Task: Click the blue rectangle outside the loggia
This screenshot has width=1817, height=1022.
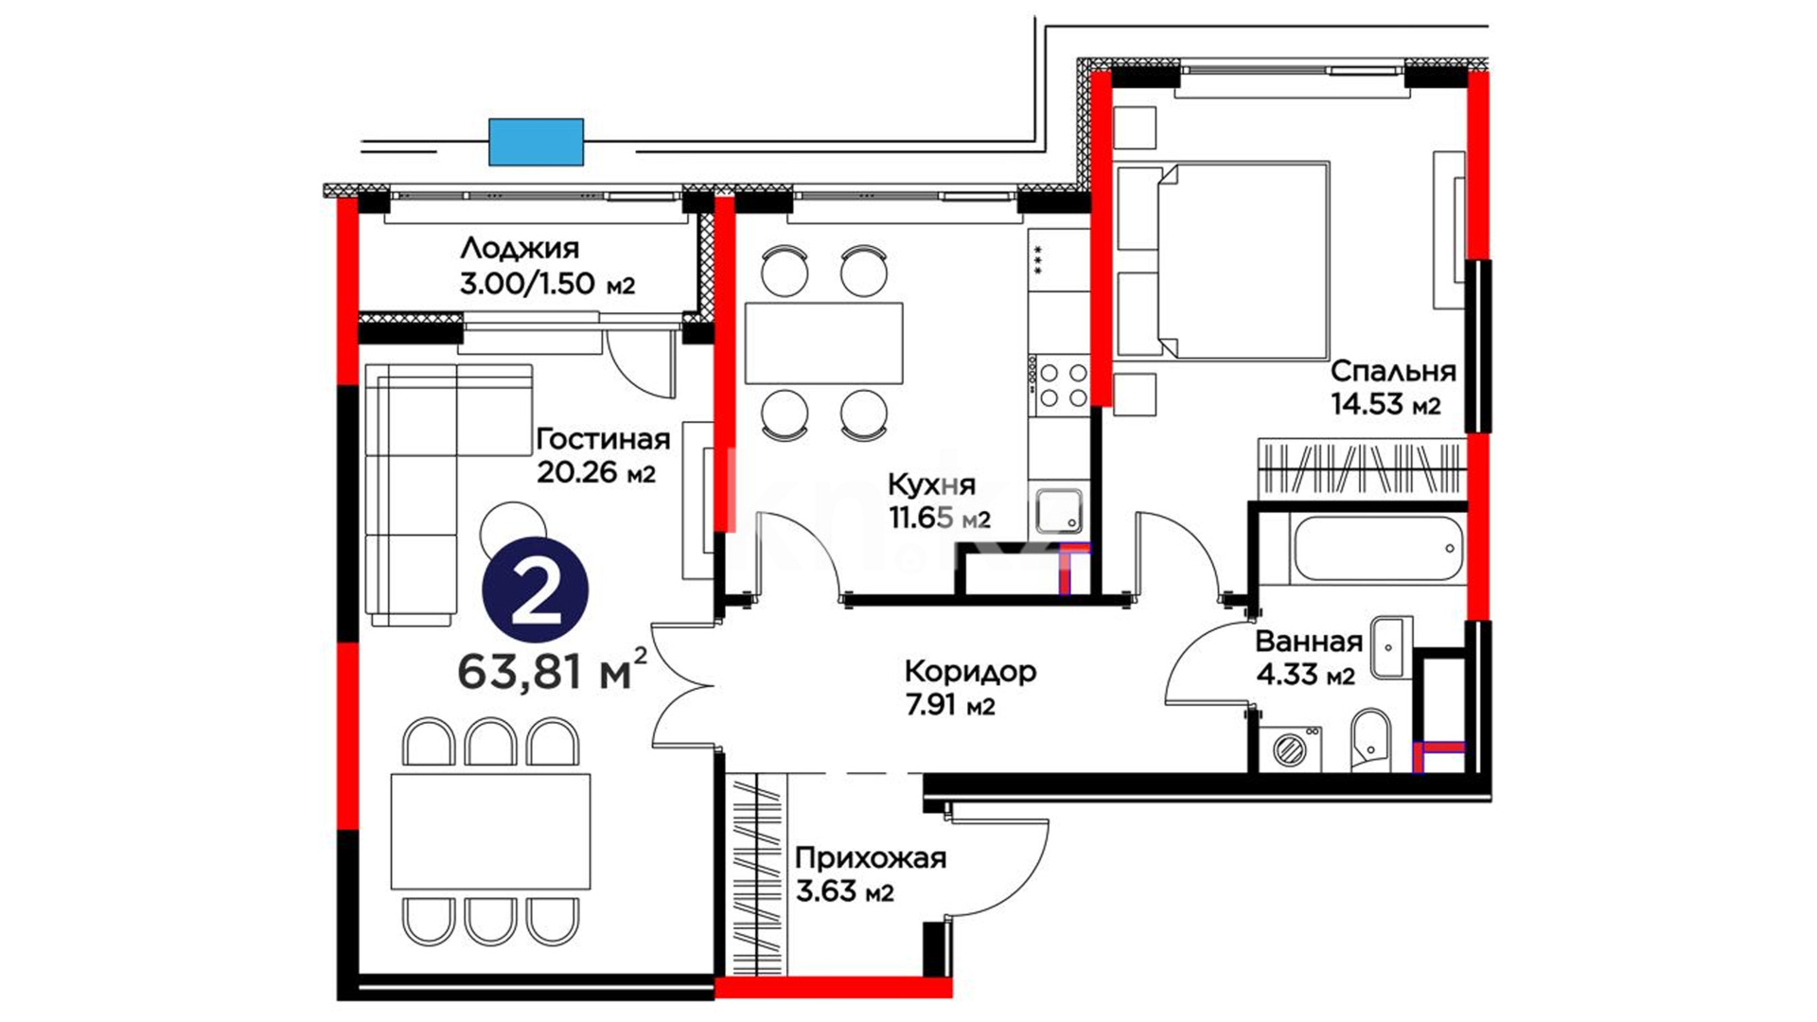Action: point(536,142)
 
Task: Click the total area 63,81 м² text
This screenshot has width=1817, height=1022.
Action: point(553,671)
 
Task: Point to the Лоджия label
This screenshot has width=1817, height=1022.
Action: point(520,249)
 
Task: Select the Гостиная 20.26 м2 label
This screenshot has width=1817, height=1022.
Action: point(603,455)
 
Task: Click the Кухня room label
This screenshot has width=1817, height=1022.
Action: point(931,485)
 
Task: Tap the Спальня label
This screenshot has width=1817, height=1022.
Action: point(1393,371)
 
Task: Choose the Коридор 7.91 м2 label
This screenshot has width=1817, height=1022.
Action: point(970,688)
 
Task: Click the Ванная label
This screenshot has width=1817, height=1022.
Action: point(1309,642)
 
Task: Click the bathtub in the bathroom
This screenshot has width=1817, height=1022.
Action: point(1376,548)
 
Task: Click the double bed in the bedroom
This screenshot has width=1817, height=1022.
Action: point(1224,260)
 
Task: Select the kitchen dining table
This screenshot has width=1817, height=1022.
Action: point(823,343)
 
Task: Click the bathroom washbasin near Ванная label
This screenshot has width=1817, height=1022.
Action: point(1391,647)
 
